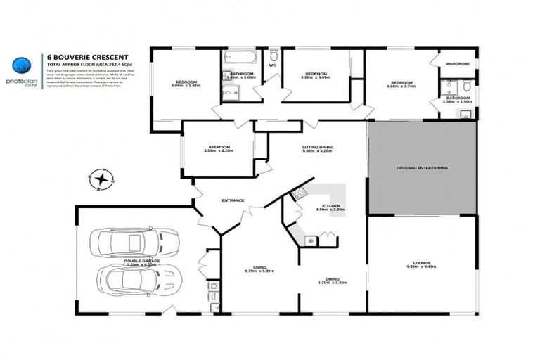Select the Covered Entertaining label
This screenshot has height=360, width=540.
(422, 168)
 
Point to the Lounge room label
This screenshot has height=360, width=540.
(421, 263)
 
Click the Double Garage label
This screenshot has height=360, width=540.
(142, 261)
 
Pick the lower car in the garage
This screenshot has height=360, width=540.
(139, 281)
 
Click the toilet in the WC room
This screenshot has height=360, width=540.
(274, 56)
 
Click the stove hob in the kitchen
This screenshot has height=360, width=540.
(299, 193)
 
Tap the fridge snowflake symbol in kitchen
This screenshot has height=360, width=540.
(309, 241)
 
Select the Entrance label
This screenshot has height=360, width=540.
(233, 200)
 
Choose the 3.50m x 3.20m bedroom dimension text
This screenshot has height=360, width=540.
(218, 150)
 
